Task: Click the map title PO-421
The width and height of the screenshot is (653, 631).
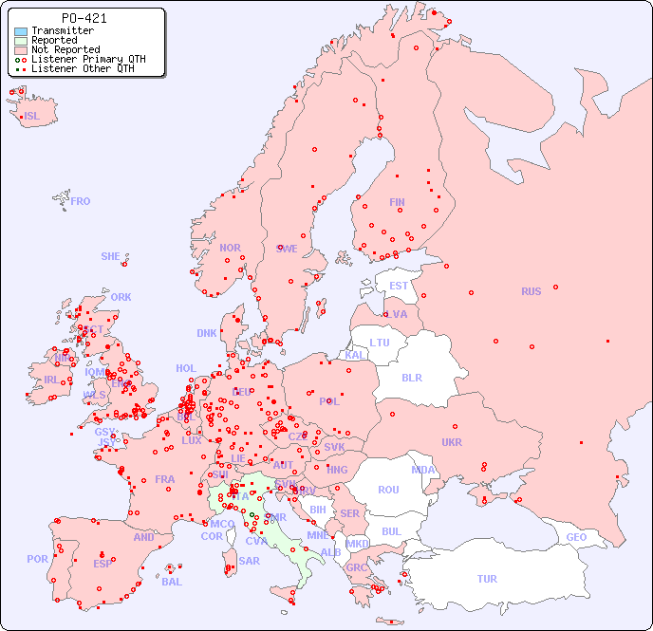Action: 84,18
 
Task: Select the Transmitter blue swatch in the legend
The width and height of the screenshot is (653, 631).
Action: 21,30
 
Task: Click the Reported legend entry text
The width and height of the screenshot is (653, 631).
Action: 54,40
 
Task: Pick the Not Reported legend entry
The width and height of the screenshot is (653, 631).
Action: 65,49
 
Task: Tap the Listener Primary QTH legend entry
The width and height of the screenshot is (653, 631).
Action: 88,59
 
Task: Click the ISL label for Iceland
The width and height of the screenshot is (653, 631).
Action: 32,117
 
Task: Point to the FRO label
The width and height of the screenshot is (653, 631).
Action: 81,201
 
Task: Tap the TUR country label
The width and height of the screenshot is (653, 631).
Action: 487,579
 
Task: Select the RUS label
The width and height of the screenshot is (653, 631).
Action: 531,291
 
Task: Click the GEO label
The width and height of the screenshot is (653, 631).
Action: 576,537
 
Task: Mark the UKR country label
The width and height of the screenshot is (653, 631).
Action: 452,442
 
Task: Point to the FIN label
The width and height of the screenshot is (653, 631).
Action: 397,202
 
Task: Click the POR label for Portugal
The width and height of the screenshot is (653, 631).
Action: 37,559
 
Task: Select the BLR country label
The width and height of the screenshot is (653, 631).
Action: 411,377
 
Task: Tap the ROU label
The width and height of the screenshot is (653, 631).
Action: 388,490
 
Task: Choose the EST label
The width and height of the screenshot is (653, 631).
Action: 399,286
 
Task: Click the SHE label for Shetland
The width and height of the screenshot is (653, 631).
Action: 111,256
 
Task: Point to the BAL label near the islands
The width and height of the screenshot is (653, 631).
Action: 172,582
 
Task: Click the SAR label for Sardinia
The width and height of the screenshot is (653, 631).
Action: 249,561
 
